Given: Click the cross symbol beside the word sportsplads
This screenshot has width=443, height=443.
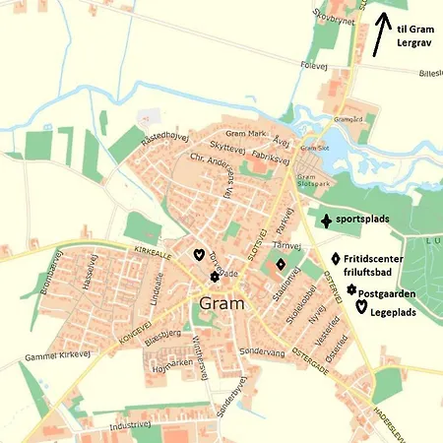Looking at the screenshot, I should click(325, 221).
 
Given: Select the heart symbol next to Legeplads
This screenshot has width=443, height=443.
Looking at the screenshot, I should click(361, 308).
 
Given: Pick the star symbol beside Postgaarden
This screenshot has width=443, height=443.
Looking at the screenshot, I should click(350, 289).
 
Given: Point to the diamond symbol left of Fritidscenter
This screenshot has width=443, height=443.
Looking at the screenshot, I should click(335, 258).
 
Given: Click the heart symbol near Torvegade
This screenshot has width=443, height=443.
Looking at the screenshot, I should click(198, 254).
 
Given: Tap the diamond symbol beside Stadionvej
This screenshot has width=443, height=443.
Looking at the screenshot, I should click(281, 264).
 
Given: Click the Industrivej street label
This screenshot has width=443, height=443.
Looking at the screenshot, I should click(128, 425).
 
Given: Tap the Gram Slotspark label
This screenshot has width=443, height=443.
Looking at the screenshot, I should click(312, 180).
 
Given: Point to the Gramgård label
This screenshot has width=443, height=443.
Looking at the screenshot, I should click(348, 117).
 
